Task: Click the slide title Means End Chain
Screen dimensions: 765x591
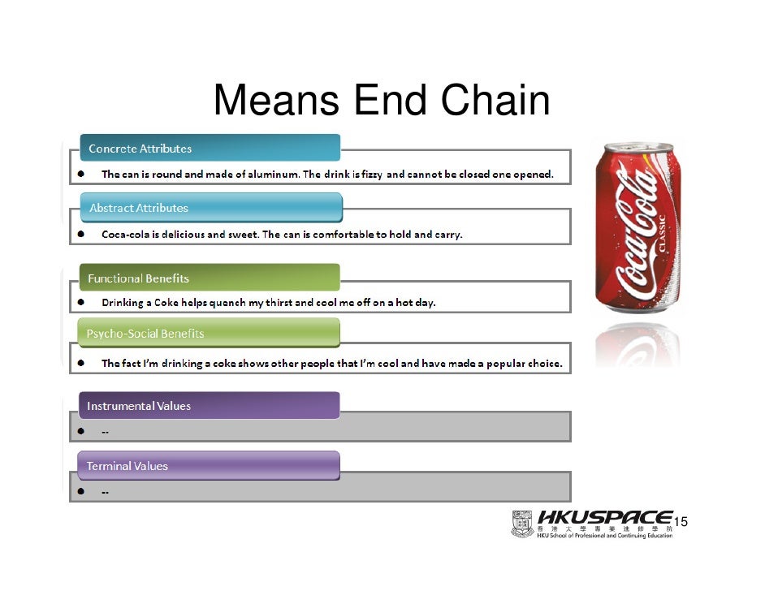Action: (x=381, y=101)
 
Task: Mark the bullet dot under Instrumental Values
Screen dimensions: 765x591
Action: (x=82, y=431)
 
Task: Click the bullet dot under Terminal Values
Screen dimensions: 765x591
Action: (x=82, y=491)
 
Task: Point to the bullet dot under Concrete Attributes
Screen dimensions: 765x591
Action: (x=82, y=175)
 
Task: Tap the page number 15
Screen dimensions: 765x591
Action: (x=681, y=521)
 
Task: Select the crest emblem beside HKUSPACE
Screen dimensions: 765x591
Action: (x=522, y=524)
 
